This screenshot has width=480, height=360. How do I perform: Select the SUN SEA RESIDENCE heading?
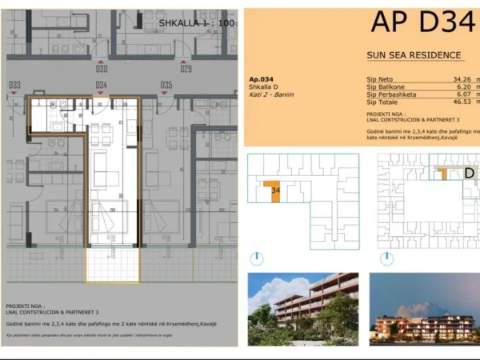click(413, 55)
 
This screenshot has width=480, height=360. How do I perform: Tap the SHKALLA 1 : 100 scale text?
click(196, 23)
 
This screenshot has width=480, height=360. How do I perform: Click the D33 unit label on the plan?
click(14, 85)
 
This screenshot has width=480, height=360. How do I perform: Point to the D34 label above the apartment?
click(102, 85)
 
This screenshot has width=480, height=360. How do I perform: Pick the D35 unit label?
click(166, 85)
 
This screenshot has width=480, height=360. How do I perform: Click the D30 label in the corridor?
click(102, 69)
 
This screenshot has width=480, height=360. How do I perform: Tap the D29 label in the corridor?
click(186, 69)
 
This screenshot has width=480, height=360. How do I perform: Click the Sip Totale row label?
click(382, 102)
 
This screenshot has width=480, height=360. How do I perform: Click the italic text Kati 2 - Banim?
click(271, 95)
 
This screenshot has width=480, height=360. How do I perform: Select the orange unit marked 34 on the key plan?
click(274, 192)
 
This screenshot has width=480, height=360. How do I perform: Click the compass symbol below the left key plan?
click(255, 258)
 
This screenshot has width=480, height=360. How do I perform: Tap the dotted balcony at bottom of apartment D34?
click(113, 266)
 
